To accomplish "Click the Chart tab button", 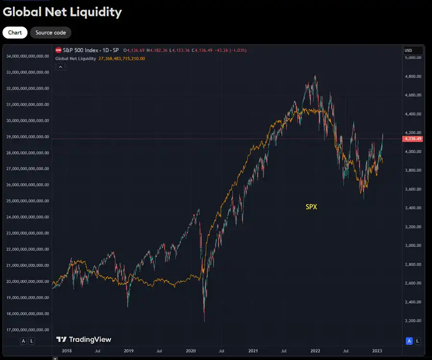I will (15, 33).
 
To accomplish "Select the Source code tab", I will (51, 33).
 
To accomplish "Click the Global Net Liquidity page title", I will (62, 12).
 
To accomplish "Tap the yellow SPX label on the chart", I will (312, 207).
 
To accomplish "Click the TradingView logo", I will (84, 339).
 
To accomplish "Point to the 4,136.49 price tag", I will (413, 139).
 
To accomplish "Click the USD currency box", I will (413, 50).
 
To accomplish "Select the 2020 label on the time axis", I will (191, 351).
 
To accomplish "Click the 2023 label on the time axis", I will (377, 351).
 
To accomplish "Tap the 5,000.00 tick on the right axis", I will (413, 58).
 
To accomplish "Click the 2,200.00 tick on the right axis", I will (413, 321).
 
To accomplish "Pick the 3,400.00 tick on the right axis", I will (413, 208).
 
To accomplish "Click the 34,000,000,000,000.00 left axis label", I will (28, 56).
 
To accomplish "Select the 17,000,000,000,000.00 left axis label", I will (28, 330).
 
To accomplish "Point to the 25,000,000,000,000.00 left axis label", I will (28, 201).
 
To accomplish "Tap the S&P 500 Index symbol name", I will (82, 50).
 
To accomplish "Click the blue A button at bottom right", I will (409, 341).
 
